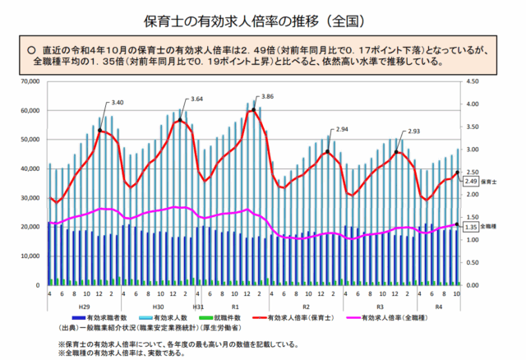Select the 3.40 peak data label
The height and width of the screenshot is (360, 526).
[x=117, y=103]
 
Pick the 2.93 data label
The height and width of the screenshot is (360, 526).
[x=413, y=132]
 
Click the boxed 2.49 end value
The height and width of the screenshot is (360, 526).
[x=471, y=181]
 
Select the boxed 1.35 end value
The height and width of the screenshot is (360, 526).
[x=471, y=227]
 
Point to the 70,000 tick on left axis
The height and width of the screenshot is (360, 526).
[x=29, y=81]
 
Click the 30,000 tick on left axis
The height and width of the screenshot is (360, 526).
[x=29, y=198]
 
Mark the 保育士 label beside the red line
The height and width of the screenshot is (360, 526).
[x=490, y=181]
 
